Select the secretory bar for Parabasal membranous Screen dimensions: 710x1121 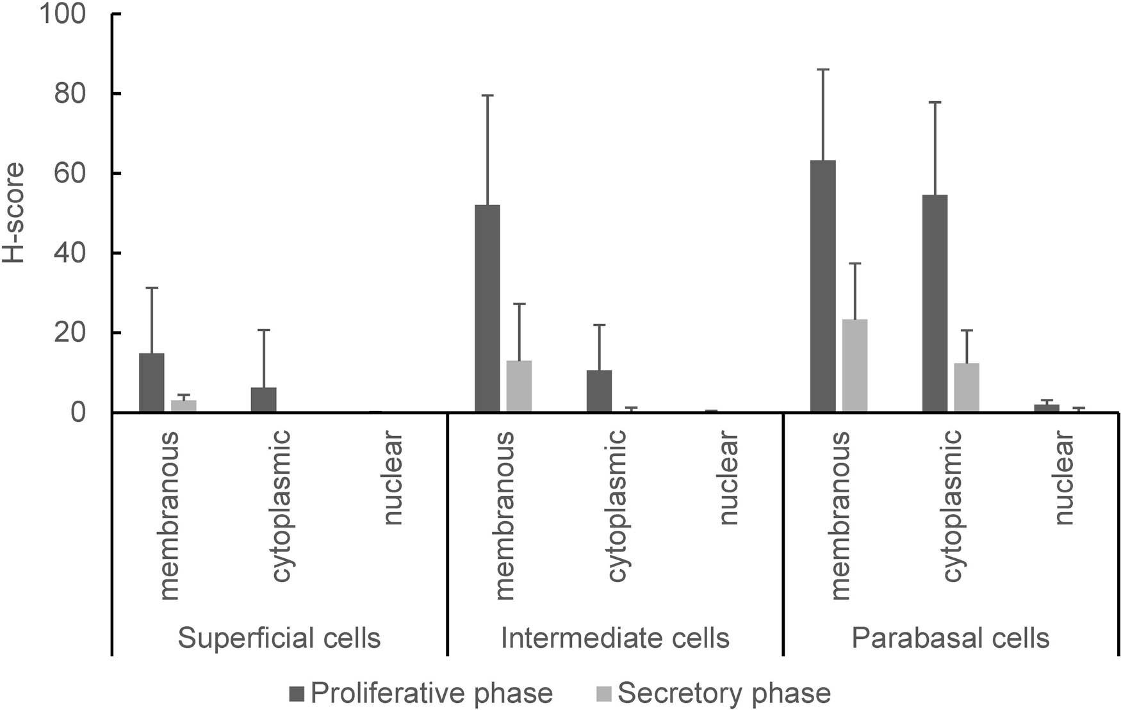tap(855, 366)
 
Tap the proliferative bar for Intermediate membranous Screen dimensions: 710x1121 tap(487, 309)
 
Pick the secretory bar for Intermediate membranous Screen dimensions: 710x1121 tap(519, 387)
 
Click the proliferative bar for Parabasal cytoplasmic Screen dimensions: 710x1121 tap(935, 303)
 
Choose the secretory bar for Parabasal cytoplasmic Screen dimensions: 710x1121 tap(967, 388)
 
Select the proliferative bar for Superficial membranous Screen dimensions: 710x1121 tap(151, 383)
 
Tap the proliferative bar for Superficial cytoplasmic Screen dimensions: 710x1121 tap(263, 400)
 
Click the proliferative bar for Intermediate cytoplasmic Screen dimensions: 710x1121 tap(599, 391)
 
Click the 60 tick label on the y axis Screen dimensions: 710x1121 tap(70, 173)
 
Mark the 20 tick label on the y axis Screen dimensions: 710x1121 tap(70, 333)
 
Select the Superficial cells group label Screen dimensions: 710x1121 tap(279, 638)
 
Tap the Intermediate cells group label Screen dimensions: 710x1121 tap(615, 638)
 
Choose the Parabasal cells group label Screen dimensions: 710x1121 tap(950, 638)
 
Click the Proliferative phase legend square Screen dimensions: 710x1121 tap(298, 693)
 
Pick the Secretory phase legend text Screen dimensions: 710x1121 tap(724, 693)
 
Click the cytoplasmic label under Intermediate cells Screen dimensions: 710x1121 tap(616, 506)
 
